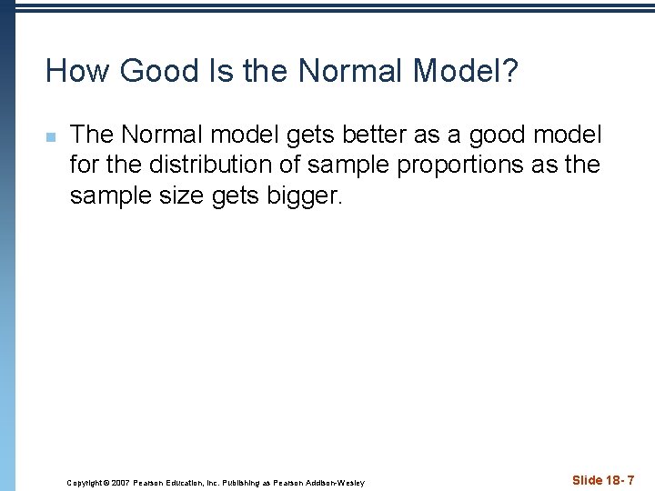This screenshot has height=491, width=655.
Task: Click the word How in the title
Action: [76, 71]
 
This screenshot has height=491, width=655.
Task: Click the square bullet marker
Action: [51, 137]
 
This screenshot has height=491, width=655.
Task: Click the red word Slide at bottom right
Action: [589, 480]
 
